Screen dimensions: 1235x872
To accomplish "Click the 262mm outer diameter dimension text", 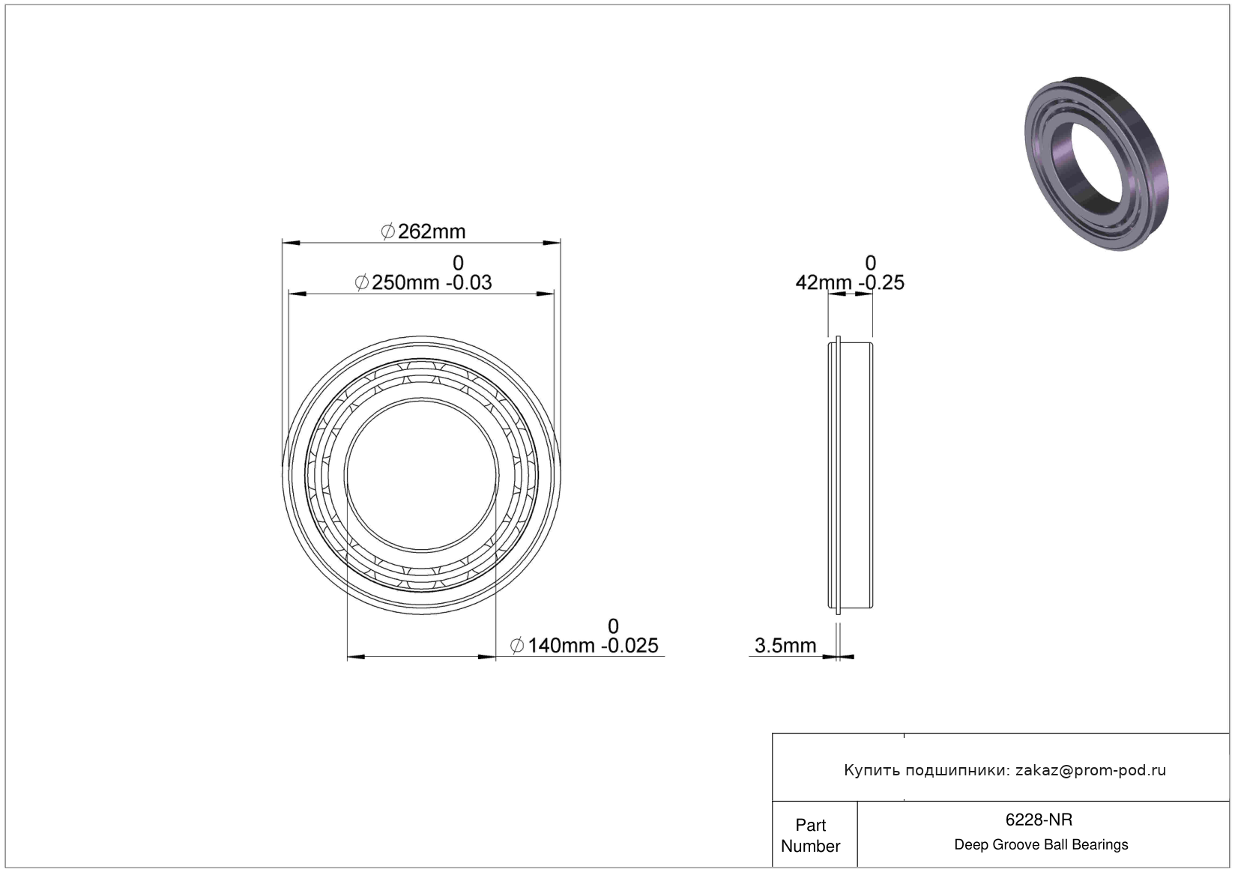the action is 423,231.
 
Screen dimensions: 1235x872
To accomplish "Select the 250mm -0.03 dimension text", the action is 423,282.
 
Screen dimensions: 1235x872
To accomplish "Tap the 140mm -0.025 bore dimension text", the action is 585,646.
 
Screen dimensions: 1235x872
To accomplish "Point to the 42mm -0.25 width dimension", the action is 850,282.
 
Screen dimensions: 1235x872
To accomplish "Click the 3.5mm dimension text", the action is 785,646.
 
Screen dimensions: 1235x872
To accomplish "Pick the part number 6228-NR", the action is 1039,820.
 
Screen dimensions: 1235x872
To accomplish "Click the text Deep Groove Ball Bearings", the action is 1041,844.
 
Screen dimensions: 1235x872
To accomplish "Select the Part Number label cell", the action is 811,835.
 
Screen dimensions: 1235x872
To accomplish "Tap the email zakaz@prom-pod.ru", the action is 1090,770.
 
